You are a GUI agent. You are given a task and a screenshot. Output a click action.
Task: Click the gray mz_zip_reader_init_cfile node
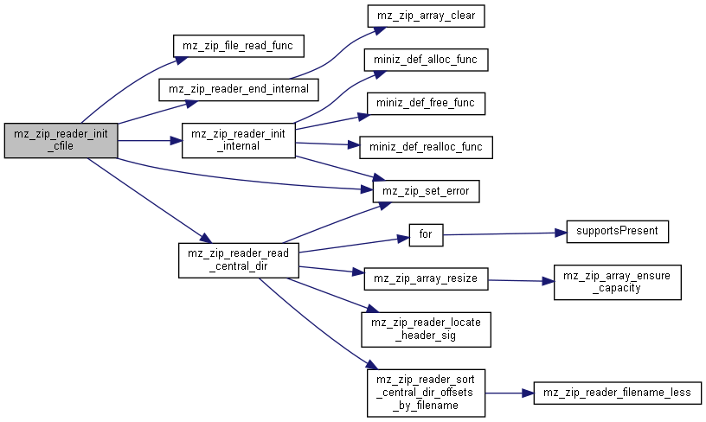tap(61, 140)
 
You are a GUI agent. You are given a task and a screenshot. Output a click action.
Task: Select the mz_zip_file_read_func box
tap(238, 46)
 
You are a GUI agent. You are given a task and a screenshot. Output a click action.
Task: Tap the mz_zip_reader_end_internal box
tap(239, 90)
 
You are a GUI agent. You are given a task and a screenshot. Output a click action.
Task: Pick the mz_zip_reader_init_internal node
tap(239, 140)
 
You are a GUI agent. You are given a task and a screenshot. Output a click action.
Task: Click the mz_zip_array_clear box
tap(426, 16)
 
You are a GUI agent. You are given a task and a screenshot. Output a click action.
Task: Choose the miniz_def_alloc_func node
tap(426, 60)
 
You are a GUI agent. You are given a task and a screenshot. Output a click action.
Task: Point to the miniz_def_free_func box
tap(426, 104)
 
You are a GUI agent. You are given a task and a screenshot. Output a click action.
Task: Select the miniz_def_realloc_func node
tap(426, 148)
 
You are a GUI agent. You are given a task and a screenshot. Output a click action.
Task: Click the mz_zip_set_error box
tap(426, 191)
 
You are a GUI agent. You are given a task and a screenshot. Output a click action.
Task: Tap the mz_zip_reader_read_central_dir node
tap(239, 260)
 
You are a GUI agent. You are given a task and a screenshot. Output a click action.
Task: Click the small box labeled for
tap(426, 235)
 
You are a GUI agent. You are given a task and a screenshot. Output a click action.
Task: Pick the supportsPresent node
tap(617, 232)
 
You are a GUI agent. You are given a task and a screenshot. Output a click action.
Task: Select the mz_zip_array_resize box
tap(426, 279)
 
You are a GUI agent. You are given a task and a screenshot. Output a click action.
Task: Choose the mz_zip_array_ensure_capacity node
tap(617, 282)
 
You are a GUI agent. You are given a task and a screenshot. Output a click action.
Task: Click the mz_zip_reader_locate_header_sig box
tap(426, 329)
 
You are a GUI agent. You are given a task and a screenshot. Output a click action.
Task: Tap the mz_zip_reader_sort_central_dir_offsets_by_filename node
tap(426, 393)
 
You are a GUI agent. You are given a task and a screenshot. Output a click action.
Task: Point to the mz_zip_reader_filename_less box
tap(617, 393)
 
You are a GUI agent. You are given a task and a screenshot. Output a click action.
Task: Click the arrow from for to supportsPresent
tap(504, 234)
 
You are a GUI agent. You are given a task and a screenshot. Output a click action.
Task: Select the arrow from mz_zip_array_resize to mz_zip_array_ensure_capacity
tap(521, 281)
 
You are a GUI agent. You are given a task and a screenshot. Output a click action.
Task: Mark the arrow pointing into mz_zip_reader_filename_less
tap(510, 393)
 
